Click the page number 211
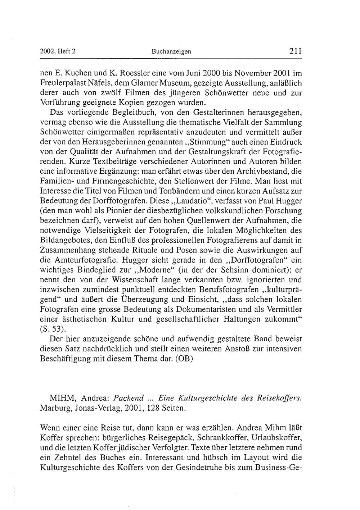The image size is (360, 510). pos(295,51)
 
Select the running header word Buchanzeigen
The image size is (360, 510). pos(171,51)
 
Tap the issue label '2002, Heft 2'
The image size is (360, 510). pos(58,51)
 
